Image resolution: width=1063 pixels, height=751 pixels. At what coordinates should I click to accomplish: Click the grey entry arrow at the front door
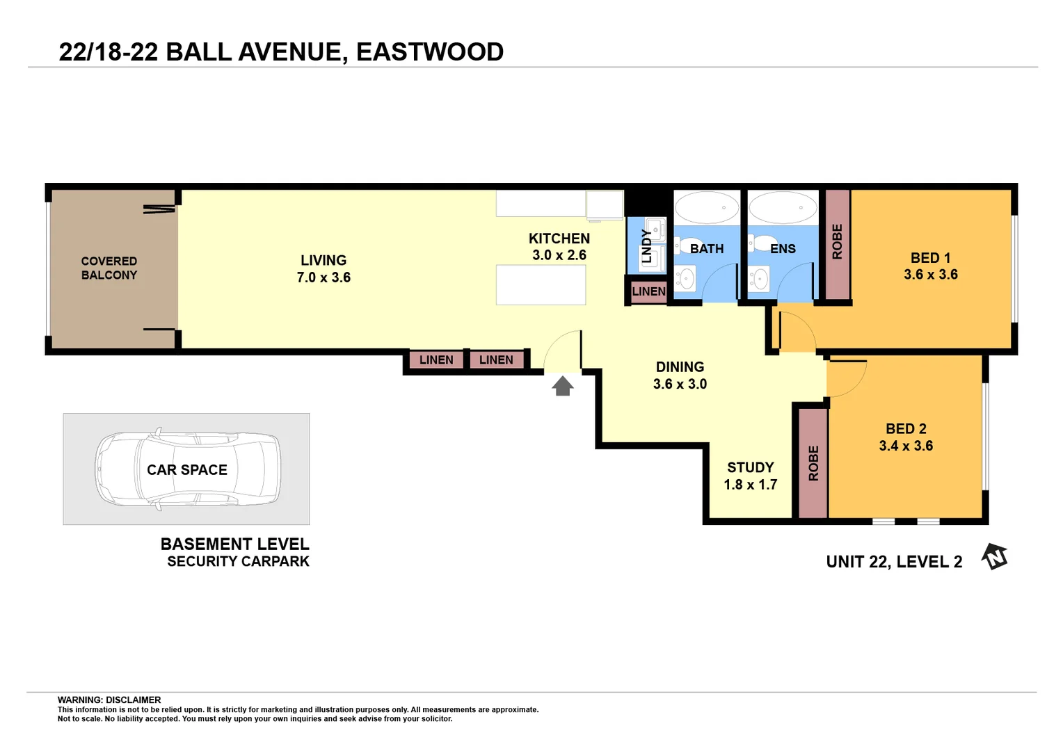pyautogui.click(x=562, y=385)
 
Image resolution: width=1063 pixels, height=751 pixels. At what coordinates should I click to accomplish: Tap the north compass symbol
pyautogui.click(x=995, y=557)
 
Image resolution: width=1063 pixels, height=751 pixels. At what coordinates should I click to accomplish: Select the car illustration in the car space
pyautogui.click(x=188, y=469)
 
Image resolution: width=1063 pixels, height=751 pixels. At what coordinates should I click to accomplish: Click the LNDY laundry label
pyautogui.click(x=647, y=246)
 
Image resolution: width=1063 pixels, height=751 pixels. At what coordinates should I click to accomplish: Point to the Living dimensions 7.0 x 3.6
pyautogui.click(x=323, y=277)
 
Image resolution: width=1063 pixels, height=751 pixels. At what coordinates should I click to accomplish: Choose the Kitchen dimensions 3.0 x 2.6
pyautogui.click(x=559, y=255)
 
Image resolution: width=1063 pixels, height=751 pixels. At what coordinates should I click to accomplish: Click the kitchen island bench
pyautogui.click(x=541, y=285)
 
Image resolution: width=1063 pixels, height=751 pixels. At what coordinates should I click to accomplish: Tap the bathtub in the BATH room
pyautogui.click(x=707, y=207)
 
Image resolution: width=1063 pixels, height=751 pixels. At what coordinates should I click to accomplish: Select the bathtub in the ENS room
pyautogui.click(x=783, y=207)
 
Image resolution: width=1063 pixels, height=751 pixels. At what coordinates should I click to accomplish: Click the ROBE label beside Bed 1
pyautogui.click(x=837, y=242)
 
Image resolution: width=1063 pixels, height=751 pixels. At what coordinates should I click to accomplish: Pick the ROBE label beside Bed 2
pyautogui.click(x=813, y=463)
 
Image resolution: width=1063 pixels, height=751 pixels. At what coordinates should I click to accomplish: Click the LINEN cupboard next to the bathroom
pyautogui.click(x=648, y=291)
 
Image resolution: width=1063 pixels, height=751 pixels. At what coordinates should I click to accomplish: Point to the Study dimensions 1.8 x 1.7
pyautogui.click(x=750, y=485)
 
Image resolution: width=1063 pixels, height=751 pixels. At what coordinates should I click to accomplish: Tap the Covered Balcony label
pyautogui.click(x=109, y=268)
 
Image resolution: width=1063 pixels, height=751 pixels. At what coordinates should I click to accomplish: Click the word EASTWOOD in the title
pyautogui.click(x=430, y=52)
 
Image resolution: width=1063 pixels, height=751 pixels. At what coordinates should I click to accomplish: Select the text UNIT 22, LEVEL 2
pyautogui.click(x=894, y=562)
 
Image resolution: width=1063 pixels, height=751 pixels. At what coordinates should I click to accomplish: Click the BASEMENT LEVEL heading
pyautogui.click(x=234, y=544)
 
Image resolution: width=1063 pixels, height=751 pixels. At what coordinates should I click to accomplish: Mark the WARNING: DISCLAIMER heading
pyautogui.click(x=109, y=700)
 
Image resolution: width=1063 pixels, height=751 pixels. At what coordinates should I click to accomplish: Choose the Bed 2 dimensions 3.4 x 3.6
pyautogui.click(x=906, y=446)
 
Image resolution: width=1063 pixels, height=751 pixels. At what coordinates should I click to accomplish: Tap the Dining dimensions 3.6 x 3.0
pyautogui.click(x=680, y=384)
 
